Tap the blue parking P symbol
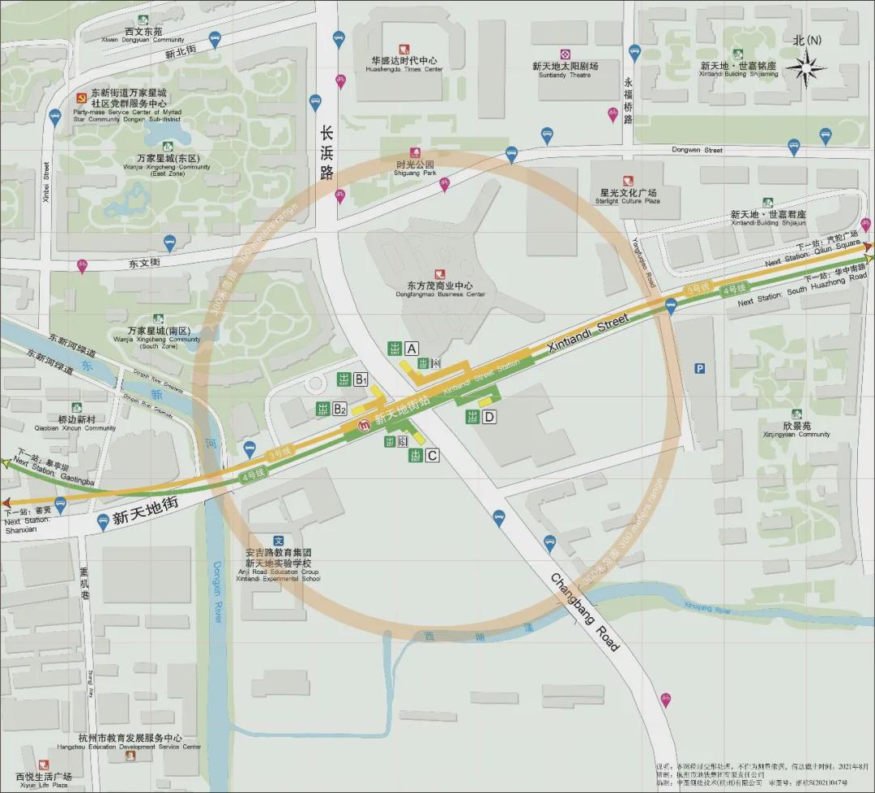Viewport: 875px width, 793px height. [699, 368]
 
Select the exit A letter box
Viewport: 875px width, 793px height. [412, 349]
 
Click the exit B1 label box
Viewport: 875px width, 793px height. [361, 379]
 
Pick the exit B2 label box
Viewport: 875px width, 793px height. [340, 409]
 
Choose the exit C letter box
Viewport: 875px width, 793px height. [432, 456]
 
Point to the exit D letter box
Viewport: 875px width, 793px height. [489, 417]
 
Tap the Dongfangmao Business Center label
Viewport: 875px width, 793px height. [440, 289]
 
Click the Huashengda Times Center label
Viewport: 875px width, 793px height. [404, 65]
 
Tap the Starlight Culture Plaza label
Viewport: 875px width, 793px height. [628, 196]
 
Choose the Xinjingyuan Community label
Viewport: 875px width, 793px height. [796, 430]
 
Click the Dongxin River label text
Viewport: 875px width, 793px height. [217, 592]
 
